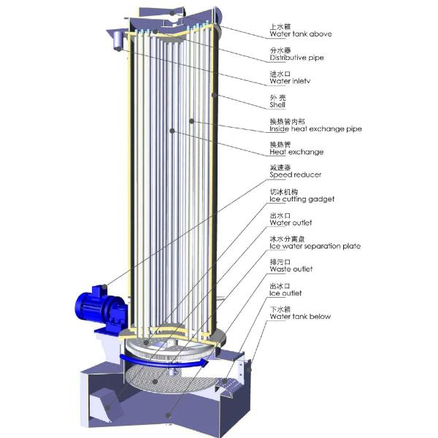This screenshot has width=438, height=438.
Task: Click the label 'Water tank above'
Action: pos(301,34)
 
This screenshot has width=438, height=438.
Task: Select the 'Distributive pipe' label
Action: pos(296,58)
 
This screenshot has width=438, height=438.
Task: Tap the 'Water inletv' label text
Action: pos(290,81)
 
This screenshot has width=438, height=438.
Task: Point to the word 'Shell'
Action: pos(277,105)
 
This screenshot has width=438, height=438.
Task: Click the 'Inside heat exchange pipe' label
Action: pos(315,128)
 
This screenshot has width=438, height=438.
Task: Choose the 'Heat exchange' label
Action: pos(296,152)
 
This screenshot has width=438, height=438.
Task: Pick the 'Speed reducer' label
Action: pos(295,175)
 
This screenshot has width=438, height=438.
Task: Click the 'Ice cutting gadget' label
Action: pos(302,199)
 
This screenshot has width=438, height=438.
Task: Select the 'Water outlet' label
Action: pos(291,223)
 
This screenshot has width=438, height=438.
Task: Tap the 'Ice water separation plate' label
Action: pos(315,247)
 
